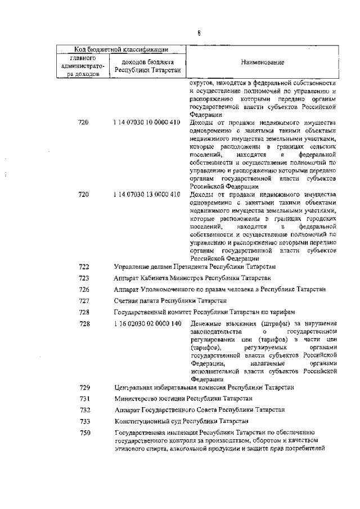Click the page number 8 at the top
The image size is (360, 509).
pyautogui.click(x=199, y=33)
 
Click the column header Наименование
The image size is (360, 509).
pyautogui.click(x=263, y=62)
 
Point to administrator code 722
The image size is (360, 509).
pyautogui.click(x=84, y=267)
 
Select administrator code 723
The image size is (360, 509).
pyautogui.click(x=84, y=278)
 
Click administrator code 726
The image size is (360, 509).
pyautogui.click(x=84, y=289)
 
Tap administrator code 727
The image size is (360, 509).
pyautogui.click(x=84, y=300)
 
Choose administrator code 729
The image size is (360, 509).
pyautogui.click(x=84, y=388)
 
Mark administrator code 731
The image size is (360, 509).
pyautogui.click(x=84, y=398)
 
